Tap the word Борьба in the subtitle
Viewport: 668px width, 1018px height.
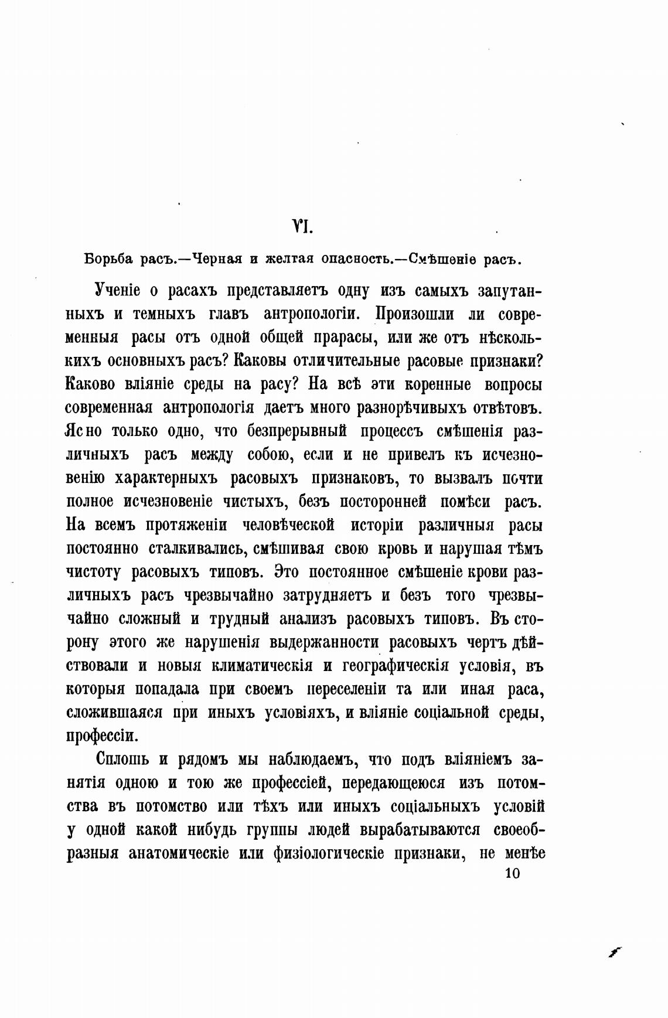pyautogui.click(x=105, y=259)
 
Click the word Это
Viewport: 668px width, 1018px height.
pyautogui.click(x=288, y=572)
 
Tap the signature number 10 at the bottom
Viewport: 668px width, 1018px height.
pyautogui.click(x=512, y=873)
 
